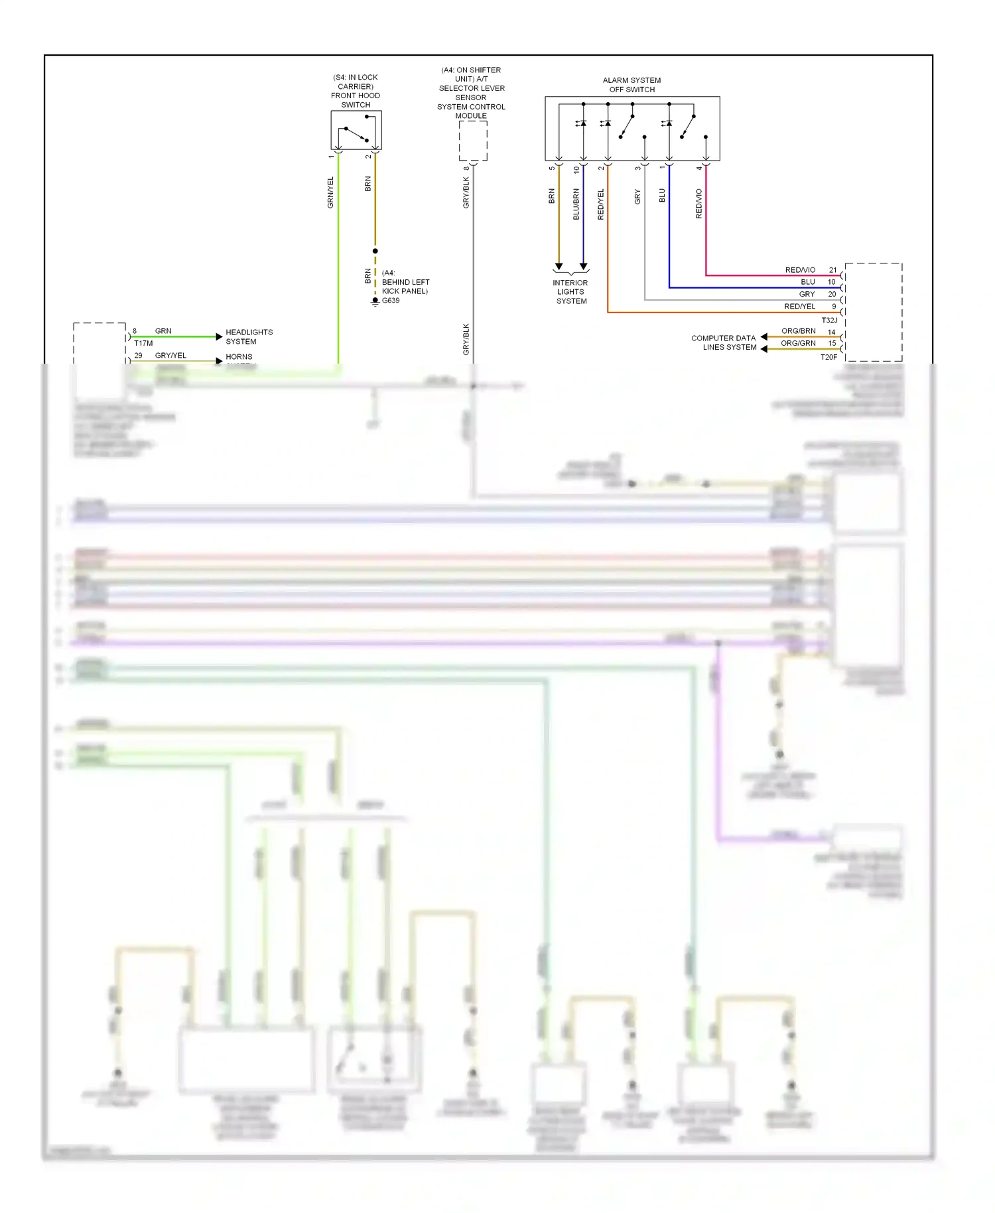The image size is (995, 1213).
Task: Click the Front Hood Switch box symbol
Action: coord(356,130)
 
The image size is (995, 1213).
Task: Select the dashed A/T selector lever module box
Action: coord(473,141)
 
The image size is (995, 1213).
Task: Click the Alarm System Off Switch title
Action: coord(631,85)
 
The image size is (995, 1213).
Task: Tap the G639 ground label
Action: coord(391,301)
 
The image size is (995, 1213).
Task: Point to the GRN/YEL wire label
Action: coord(330,192)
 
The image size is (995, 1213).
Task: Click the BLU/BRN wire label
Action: coord(576,204)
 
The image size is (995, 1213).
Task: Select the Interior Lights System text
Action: coord(570,292)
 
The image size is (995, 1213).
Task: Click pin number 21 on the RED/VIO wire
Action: coord(832,270)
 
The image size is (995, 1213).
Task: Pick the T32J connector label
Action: coord(829,321)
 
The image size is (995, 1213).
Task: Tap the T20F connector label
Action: coord(829,357)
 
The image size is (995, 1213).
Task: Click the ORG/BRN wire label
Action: coord(798,331)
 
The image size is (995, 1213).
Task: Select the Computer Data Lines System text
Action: coord(724,342)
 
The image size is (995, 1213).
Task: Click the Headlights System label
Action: coord(249,336)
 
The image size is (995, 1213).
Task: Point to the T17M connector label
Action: coord(143,343)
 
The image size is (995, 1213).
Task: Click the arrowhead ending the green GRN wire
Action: coord(219,337)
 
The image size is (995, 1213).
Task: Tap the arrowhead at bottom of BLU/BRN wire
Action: coord(584,267)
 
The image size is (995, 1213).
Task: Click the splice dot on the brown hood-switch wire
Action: coord(375,251)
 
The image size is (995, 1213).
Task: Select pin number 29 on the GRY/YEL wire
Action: coord(138,356)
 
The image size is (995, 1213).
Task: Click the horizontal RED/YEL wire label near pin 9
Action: coord(799,307)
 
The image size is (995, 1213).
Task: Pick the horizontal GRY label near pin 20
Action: coord(807,294)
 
